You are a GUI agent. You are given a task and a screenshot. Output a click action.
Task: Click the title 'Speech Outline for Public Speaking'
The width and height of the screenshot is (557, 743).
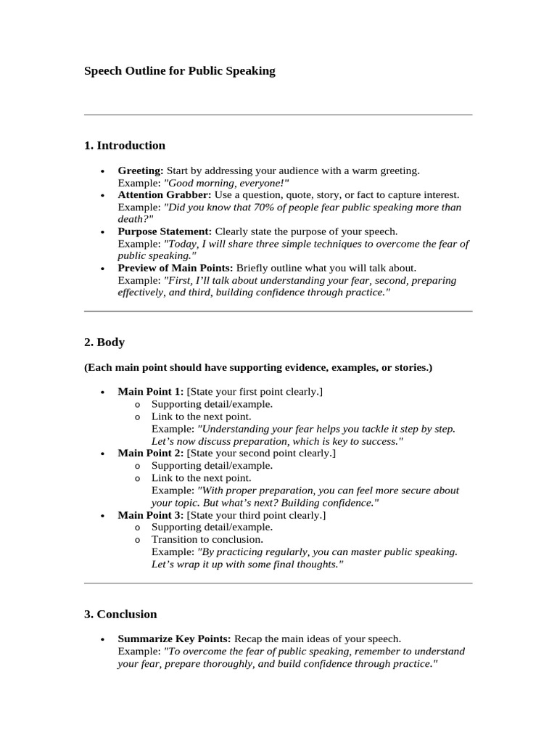click(180, 71)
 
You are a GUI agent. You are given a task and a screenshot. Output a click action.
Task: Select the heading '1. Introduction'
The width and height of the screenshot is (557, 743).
click(125, 145)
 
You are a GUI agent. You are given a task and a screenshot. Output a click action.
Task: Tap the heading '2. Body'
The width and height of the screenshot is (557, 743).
click(104, 342)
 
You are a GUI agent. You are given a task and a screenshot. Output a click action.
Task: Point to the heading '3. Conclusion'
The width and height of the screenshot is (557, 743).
click(120, 614)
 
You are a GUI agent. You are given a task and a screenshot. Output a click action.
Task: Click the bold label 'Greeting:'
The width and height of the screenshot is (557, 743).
click(141, 171)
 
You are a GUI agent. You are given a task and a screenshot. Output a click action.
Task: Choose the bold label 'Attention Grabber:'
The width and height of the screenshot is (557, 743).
click(165, 195)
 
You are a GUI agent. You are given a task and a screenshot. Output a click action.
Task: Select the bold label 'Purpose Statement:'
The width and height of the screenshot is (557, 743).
click(165, 231)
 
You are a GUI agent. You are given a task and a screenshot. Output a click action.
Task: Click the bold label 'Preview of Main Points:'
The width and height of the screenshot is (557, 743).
click(176, 268)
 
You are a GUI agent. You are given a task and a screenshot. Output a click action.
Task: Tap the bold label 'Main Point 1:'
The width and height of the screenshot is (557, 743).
click(151, 392)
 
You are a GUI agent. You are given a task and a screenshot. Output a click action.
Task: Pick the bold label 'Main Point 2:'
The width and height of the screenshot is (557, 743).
click(151, 453)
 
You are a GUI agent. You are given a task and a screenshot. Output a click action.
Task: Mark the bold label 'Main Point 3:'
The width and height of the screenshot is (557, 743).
click(151, 515)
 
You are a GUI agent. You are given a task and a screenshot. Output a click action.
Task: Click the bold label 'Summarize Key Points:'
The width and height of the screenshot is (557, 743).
click(174, 639)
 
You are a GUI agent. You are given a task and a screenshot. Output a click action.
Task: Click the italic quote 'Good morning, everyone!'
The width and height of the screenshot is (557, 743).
click(226, 183)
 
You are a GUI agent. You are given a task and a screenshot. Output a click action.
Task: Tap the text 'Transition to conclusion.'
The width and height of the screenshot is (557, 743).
click(207, 539)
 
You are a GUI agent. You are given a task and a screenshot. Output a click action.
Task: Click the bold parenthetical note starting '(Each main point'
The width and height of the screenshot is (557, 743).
click(258, 368)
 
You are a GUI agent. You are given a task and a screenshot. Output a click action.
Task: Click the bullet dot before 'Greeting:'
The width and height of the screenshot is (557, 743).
click(102, 171)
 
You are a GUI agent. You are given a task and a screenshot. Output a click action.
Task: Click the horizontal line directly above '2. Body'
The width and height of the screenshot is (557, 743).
click(278, 311)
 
